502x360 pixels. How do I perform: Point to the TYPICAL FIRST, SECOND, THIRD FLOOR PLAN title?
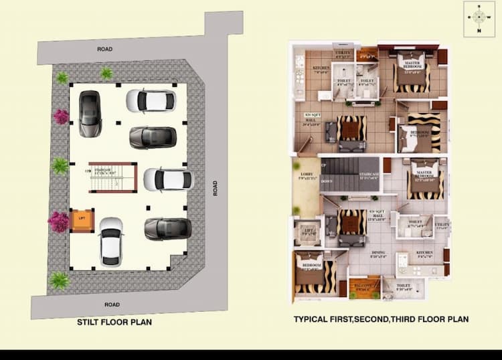point(381,319)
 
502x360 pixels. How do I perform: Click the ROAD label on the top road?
point(104,49)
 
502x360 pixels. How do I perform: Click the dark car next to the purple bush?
point(89,113)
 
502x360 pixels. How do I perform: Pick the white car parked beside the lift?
point(110,241)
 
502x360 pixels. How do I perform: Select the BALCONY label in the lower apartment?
point(363,284)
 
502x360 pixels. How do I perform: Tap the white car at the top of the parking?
point(151,101)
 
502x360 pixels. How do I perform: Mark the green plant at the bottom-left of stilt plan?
point(59,280)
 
